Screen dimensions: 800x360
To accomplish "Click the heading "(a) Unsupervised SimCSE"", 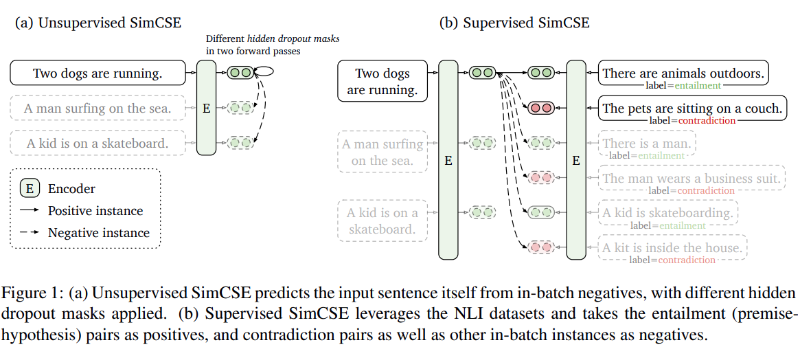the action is [x=98, y=23].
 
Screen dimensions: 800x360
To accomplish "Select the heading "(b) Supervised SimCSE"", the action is [x=515, y=23].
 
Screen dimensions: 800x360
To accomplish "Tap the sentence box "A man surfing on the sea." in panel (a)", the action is [x=98, y=109].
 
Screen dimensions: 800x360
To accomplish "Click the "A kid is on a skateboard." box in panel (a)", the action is [x=98, y=143].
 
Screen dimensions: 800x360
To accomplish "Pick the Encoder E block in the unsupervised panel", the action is [x=206, y=108].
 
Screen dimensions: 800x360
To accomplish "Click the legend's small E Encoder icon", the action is [x=30, y=188].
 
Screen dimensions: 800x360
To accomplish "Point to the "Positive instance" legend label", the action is [x=95, y=210].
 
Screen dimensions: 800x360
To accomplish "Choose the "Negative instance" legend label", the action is [x=98, y=233].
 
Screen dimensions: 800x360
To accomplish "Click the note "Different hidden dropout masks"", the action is [x=273, y=38].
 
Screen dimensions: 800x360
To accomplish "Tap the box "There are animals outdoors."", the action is [x=683, y=73].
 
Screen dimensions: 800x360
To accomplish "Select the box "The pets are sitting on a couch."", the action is [x=692, y=108].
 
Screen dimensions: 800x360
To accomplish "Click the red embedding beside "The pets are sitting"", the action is [x=541, y=108].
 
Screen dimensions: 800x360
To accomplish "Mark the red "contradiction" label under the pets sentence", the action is [x=707, y=121].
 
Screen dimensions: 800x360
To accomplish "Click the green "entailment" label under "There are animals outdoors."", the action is [x=698, y=86].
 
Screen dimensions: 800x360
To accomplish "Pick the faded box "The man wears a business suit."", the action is [x=692, y=178].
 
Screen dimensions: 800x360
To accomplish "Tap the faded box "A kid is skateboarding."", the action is [x=668, y=213].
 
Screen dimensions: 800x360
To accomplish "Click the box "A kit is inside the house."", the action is [x=672, y=247].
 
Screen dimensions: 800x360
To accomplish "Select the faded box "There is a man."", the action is [x=647, y=143].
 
